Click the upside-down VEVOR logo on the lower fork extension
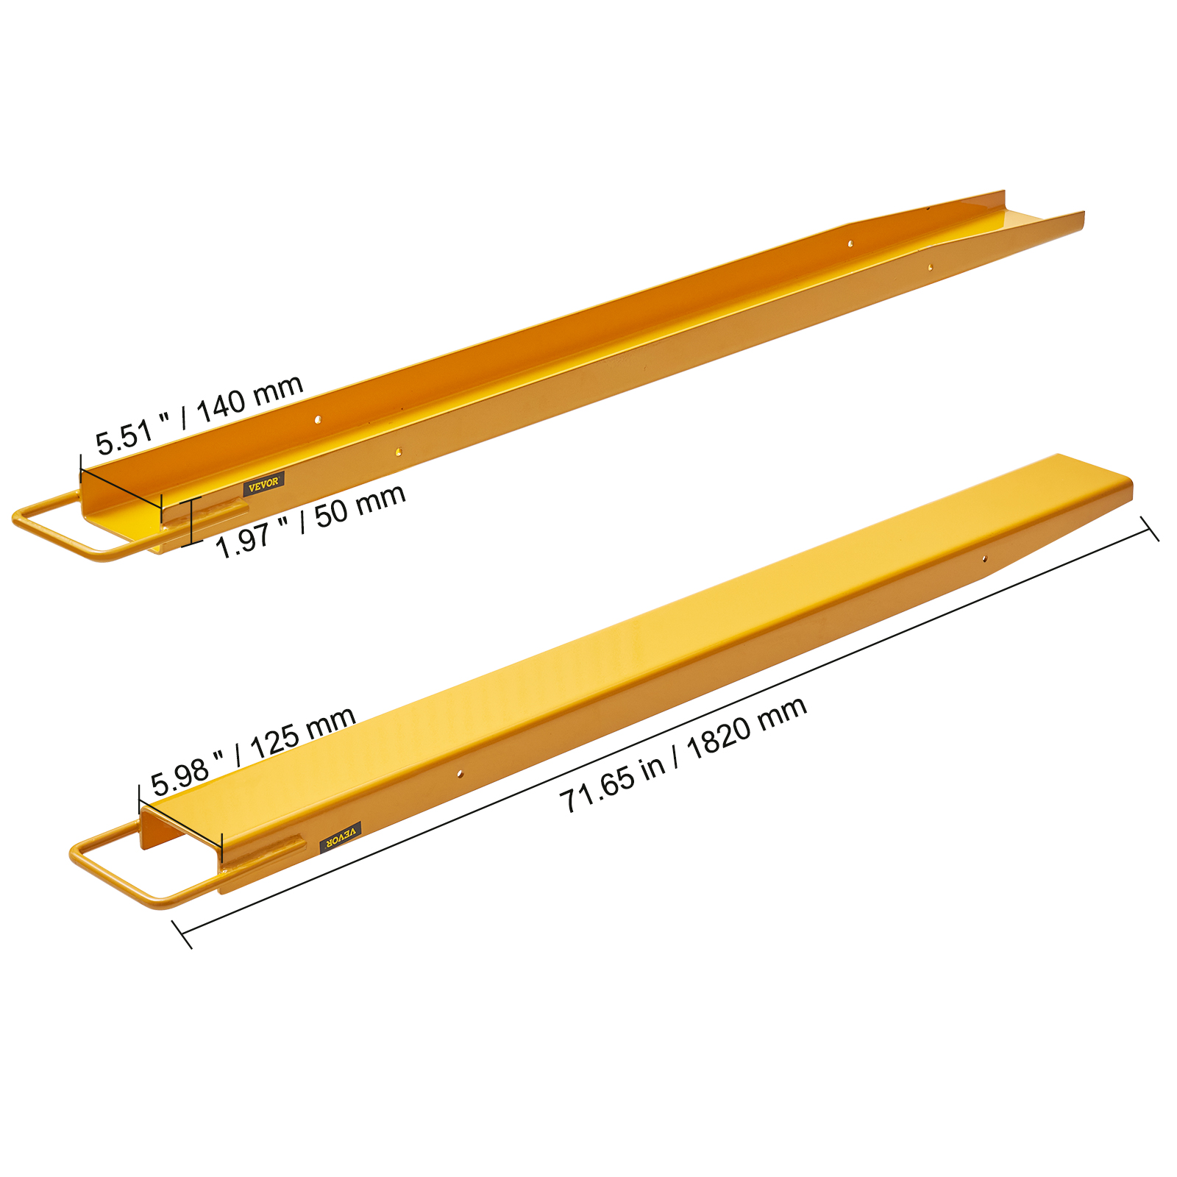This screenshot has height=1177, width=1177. coord(341,837)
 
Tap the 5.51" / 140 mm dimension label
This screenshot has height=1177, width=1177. coord(199,415)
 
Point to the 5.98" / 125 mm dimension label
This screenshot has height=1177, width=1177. coord(253,752)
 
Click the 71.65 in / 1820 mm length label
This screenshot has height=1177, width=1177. coord(683,755)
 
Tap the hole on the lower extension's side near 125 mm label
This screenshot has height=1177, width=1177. coord(460,774)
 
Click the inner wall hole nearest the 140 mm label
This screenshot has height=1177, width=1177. coord(318,419)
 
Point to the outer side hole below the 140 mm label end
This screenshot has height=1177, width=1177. coord(399,452)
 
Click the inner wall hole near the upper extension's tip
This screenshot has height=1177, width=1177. coord(850,243)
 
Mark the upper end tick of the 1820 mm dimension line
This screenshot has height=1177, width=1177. coord(1150,528)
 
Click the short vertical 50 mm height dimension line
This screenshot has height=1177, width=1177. coord(191,521)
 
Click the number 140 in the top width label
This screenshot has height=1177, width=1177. coord(221,406)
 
